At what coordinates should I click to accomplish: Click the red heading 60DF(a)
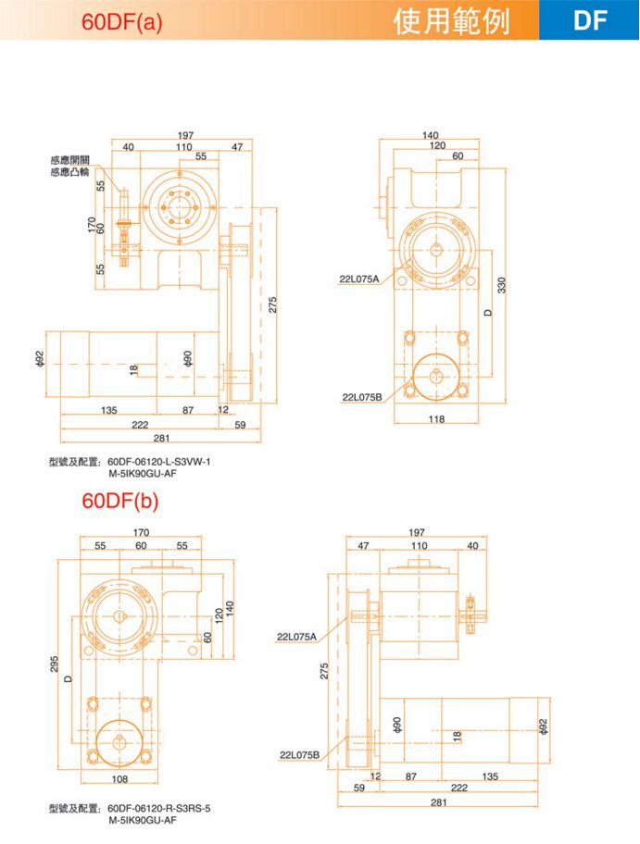(121, 21)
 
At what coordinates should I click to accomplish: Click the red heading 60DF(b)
(120, 500)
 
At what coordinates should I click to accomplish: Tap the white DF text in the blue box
(590, 20)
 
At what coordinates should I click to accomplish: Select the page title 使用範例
(451, 21)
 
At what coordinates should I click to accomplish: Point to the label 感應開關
(70, 160)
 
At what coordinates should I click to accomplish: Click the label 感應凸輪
(70, 172)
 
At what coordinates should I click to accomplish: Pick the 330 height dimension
(502, 285)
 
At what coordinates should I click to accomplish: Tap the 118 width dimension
(436, 419)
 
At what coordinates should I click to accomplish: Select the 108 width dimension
(119, 779)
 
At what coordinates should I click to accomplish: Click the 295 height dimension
(55, 664)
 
